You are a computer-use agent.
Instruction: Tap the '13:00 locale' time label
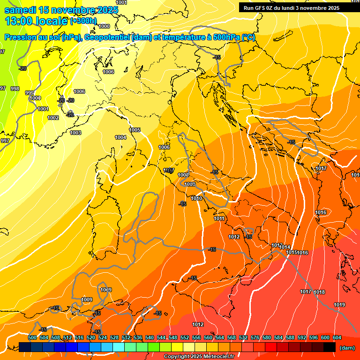[x=37, y=21]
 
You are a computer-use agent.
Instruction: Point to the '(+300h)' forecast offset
[x=83, y=21]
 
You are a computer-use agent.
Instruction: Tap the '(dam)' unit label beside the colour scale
[x=346, y=348]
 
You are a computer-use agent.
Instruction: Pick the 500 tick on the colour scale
[x=32, y=337]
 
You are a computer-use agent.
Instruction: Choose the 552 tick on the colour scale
[x=185, y=337]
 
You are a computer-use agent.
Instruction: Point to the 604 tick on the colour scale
[x=337, y=337]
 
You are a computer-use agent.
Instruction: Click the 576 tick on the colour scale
[x=255, y=337]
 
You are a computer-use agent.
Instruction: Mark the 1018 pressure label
[x=319, y=292]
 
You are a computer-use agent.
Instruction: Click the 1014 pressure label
[x=285, y=247]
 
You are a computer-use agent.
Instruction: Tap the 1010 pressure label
[x=197, y=199]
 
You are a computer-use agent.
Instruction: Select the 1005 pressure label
[x=135, y=130]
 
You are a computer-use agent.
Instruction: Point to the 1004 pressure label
[x=120, y=137]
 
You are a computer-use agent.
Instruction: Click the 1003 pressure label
[x=75, y=133]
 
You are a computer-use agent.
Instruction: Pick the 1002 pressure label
[x=53, y=118]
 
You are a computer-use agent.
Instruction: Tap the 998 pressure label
[x=15, y=89]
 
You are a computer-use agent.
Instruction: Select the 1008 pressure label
[x=184, y=175]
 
